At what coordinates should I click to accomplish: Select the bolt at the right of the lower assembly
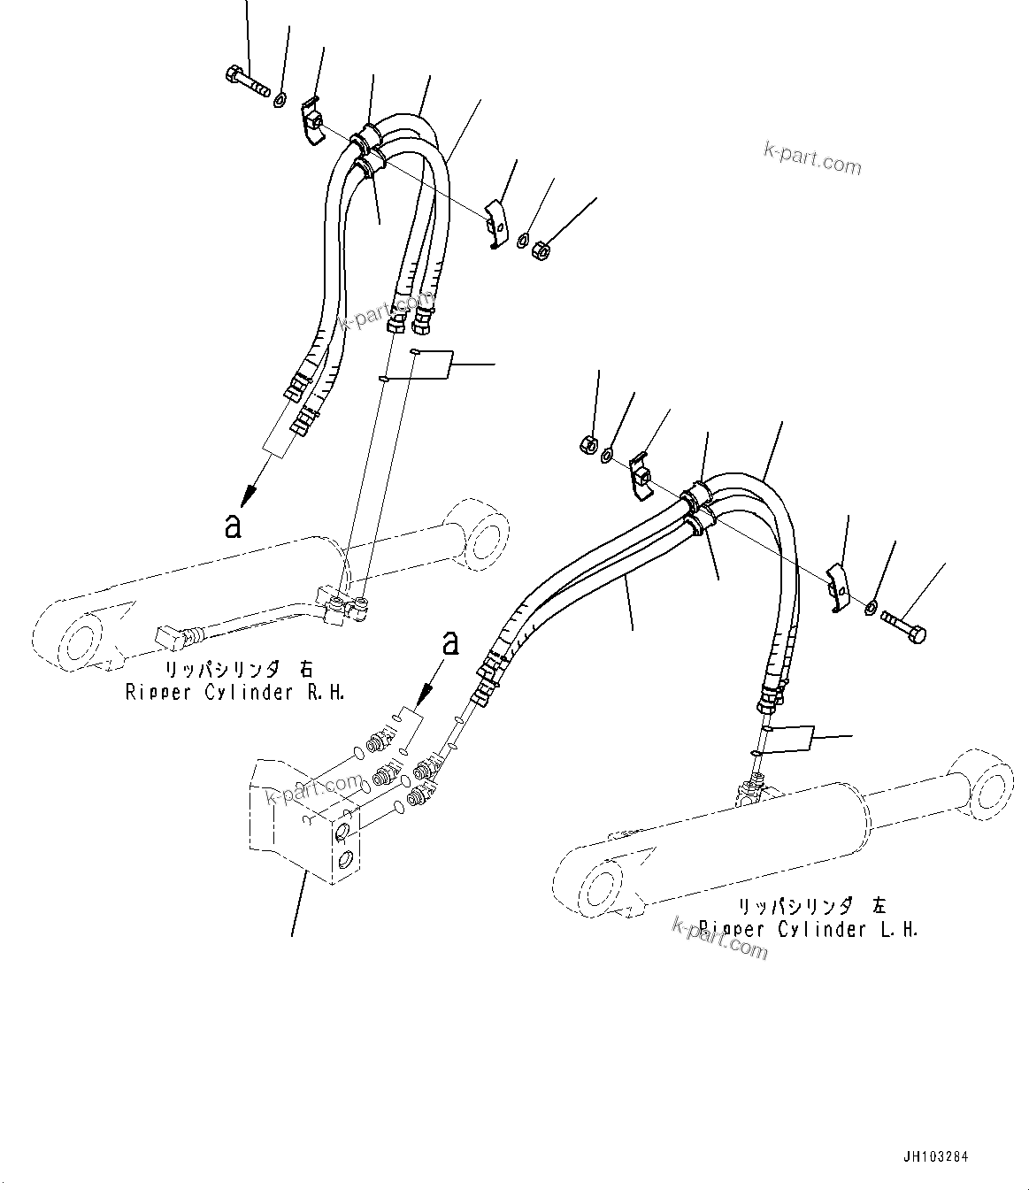[x=903, y=629]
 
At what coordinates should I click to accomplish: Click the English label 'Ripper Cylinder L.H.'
[x=808, y=929]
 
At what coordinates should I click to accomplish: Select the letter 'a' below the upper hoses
[x=233, y=525]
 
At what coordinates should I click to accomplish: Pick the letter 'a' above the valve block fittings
[x=450, y=642]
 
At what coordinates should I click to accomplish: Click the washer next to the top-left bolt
[x=279, y=99]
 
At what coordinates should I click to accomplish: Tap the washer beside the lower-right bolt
[x=871, y=607]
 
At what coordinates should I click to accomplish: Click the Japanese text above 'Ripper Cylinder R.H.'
[x=235, y=669]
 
